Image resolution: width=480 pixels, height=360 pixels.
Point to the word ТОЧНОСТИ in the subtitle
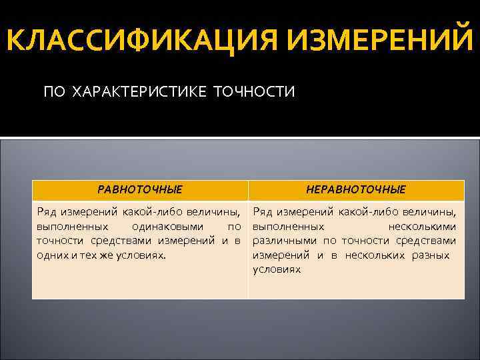point(254,91)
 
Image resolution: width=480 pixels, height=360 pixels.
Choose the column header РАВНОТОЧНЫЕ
point(139,189)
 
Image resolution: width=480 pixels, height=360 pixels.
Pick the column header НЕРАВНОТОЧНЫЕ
point(355,189)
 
